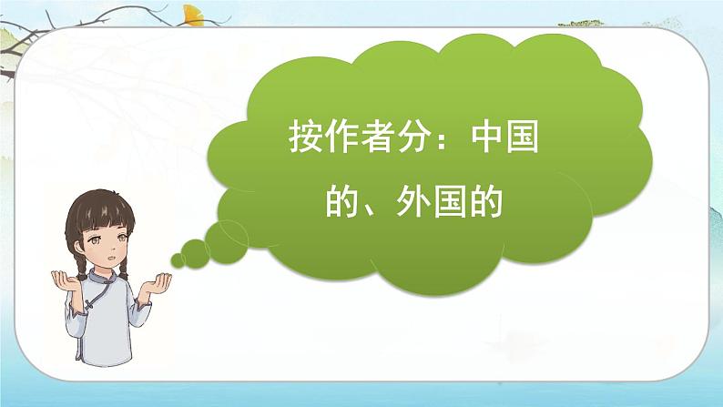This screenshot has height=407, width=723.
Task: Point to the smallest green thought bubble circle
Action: [x=177, y=260]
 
